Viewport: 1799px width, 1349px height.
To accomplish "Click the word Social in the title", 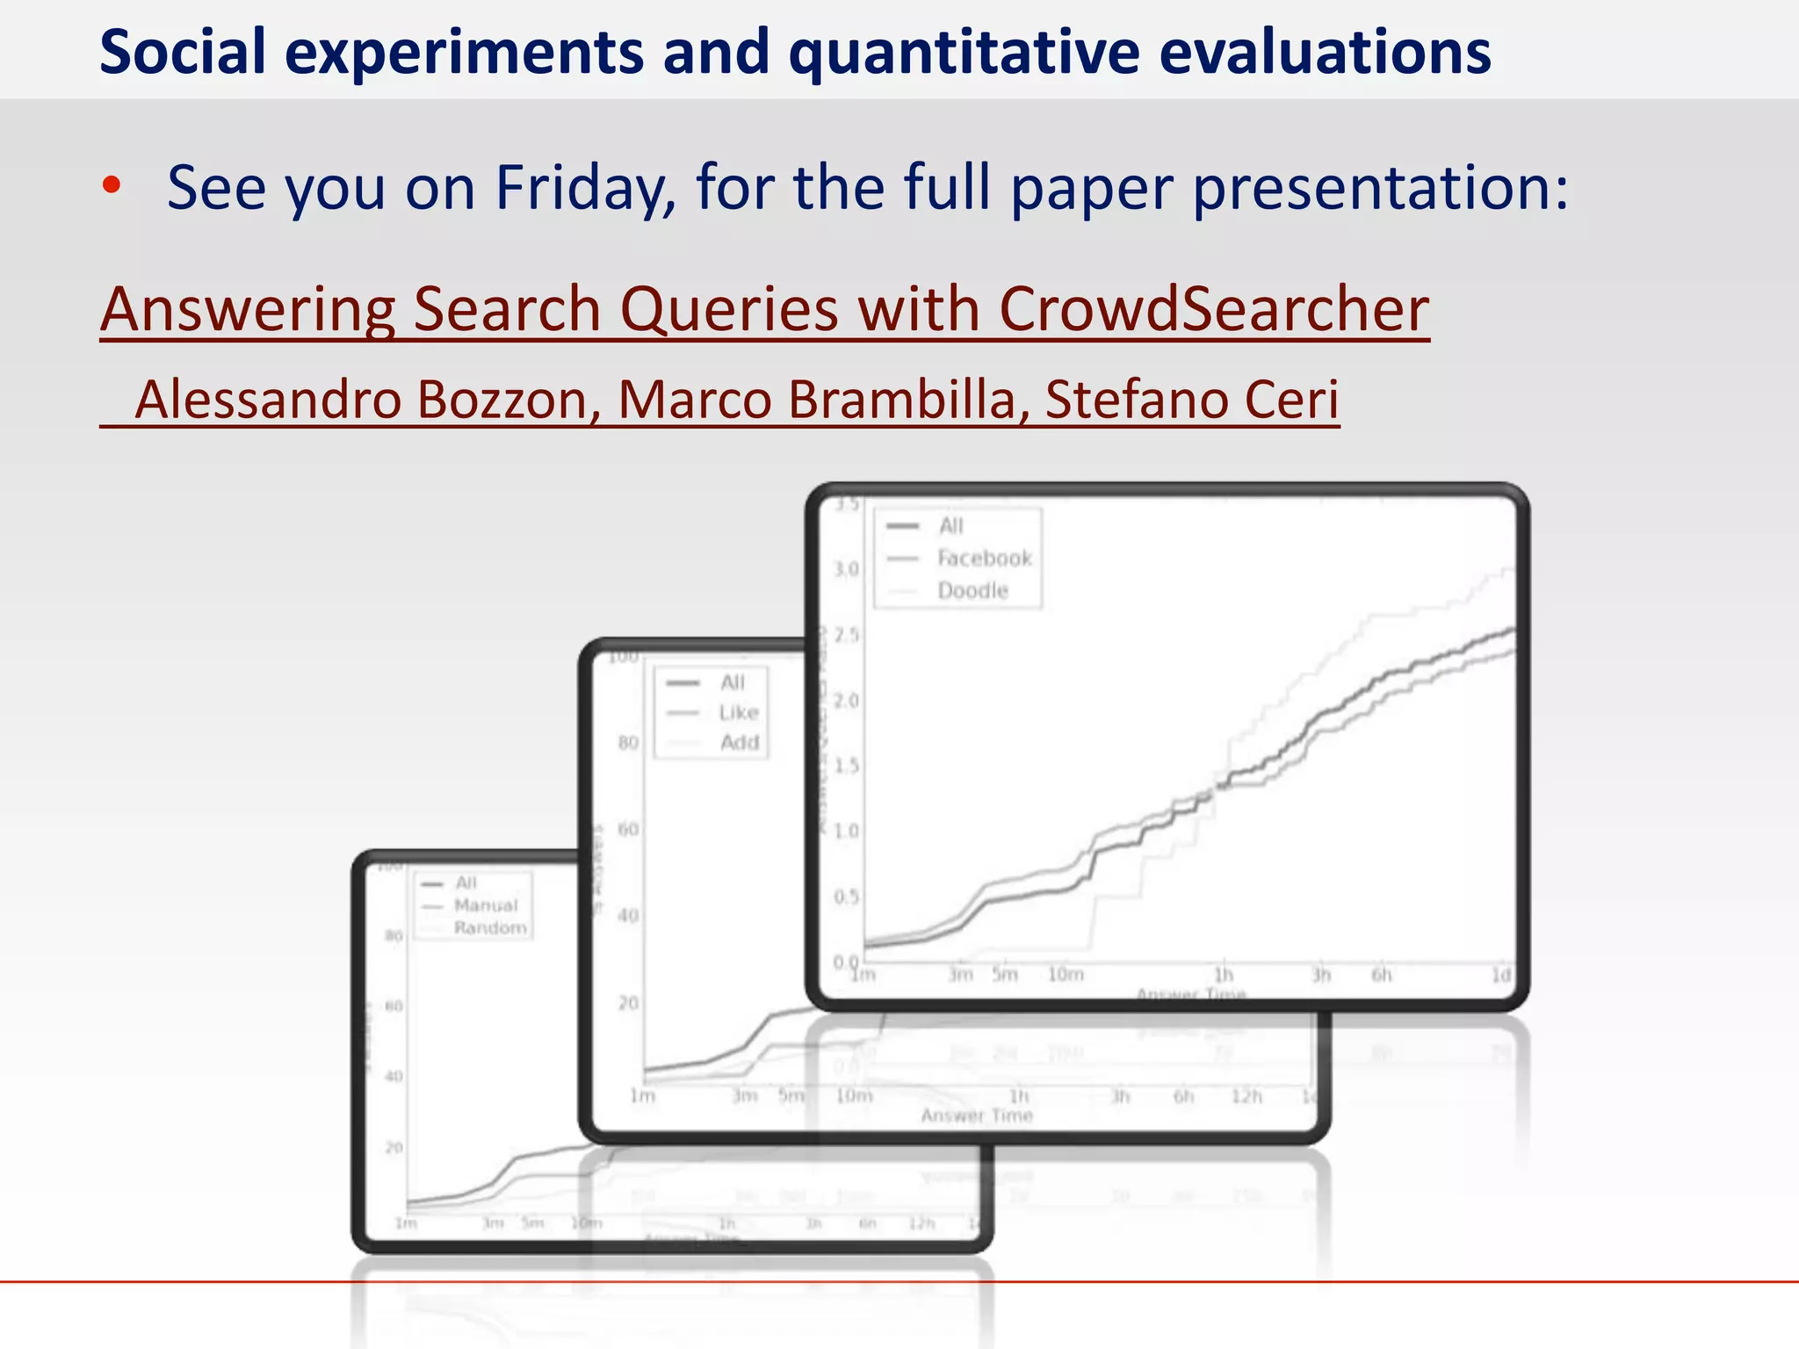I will point(183,53).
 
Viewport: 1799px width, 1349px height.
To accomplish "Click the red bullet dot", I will point(111,185).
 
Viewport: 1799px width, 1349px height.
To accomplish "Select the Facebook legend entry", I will point(984,559).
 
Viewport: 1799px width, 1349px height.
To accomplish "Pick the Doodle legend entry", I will point(972,591).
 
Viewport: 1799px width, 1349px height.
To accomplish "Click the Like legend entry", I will point(738,712).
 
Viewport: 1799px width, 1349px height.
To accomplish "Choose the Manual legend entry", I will point(486,905).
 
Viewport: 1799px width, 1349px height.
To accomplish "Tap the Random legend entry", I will point(490,928).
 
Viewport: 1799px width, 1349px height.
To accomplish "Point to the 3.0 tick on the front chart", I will point(846,569).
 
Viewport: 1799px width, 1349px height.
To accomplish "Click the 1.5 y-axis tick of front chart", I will point(846,766).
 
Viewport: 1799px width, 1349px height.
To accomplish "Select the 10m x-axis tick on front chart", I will point(1066,975).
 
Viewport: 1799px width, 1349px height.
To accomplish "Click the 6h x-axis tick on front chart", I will point(1382,975).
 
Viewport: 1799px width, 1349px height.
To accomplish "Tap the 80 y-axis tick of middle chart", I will point(628,743).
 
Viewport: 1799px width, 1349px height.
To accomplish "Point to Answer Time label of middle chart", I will point(977,1116).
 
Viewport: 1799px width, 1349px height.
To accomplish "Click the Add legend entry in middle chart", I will point(739,743).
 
